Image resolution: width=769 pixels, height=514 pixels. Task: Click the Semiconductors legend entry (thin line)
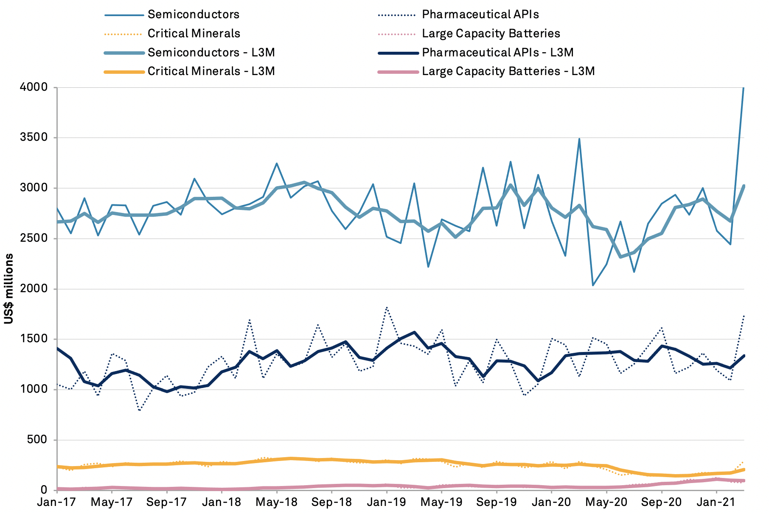pos(193,14)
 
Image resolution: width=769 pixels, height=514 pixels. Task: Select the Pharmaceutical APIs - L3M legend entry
pos(497,53)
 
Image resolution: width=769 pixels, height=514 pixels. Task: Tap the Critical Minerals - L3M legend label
pos(211,71)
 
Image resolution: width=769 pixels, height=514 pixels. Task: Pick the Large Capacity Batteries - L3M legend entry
pos(508,71)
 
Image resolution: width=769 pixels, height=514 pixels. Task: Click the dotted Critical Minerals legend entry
pos(194,34)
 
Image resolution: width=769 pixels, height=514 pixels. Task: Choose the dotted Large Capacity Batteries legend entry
pos(491,34)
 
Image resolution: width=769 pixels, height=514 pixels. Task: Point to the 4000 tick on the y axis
pos(34,87)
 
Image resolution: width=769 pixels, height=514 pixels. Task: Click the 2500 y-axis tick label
pos(34,238)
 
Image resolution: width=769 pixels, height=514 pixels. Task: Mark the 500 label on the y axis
pos(37,440)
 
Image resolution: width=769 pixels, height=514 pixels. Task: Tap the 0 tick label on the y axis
pos(44,490)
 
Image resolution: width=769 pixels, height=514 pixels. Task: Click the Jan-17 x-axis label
pos(56,503)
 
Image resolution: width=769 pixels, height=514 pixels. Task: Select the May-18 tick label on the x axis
pos(276,503)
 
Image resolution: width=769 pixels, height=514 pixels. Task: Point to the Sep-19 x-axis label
pos(496,503)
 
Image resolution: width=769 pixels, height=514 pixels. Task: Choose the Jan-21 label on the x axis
pos(716,503)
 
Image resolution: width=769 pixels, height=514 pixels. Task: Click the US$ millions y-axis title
pos(9,289)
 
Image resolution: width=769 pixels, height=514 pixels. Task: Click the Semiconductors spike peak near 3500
pos(579,139)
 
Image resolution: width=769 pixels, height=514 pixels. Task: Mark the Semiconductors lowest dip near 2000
pos(593,285)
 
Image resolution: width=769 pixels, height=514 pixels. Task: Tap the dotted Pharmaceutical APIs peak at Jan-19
pos(387,307)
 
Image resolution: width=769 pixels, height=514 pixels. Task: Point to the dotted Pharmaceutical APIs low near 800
pos(139,411)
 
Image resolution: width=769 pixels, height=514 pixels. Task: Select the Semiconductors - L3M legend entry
pos(211,53)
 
